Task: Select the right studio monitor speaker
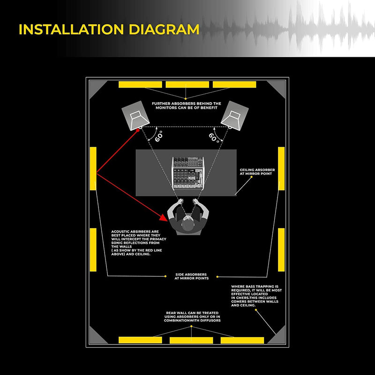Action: pyautogui.click(x=237, y=115)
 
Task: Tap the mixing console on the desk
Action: pyautogui.click(x=187, y=173)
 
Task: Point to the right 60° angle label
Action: pyautogui.click(x=214, y=137)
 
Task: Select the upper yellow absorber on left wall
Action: pyautogui.click(x=93, y=169)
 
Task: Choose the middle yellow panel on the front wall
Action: pyautogui.click(x=187, y=84)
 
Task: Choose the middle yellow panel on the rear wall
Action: pyautogui.click(x=191, y=340)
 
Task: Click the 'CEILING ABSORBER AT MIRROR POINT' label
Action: pyautogui.click(x=257, y=172)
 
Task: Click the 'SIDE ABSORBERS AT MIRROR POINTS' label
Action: pyautogui.click(x=191, y=276)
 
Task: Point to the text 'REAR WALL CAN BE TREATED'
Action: pyautogui.click(x=192, y=313)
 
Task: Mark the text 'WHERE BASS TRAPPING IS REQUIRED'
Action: pyautogui.click(x=255, y=288)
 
